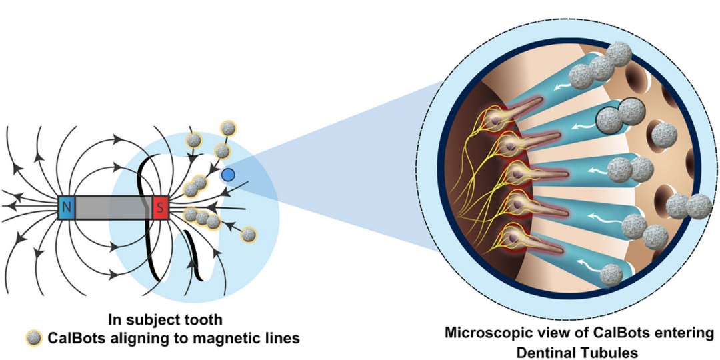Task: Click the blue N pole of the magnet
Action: (66, 209)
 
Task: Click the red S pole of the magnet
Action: (160, 209)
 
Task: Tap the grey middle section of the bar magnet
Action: (113, 209)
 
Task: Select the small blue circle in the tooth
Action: (228, 175)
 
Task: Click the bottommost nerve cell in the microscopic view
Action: (509, 237)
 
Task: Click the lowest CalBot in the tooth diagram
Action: (249, 234)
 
